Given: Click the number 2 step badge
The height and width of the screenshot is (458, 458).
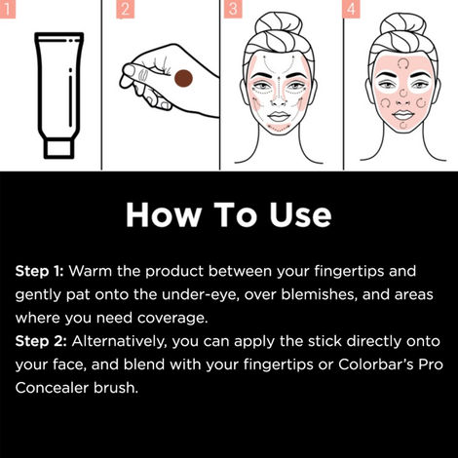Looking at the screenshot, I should tap(124, 10).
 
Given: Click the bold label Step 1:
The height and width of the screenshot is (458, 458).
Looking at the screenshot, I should tap(39, 270).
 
